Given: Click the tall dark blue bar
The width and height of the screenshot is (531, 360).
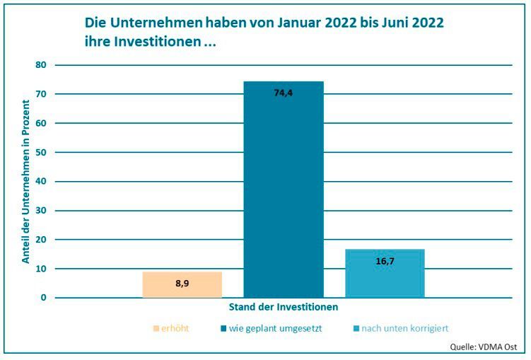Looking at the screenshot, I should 284,191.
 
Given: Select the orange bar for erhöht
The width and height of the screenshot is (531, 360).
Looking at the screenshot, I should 182,285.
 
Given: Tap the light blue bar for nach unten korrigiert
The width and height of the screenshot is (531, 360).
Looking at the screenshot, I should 385,274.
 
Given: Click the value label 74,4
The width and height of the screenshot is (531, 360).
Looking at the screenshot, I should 284,93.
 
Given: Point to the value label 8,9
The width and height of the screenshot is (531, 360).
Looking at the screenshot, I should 182,284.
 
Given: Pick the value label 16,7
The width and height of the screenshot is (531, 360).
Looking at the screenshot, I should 385,261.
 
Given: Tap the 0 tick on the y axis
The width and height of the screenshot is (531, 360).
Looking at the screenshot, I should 43,298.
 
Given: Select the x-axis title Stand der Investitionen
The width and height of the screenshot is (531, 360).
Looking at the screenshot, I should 284,308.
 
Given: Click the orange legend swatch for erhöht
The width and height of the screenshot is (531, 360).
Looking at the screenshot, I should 156,328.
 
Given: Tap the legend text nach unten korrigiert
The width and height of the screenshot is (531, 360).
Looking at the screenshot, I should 405,328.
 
